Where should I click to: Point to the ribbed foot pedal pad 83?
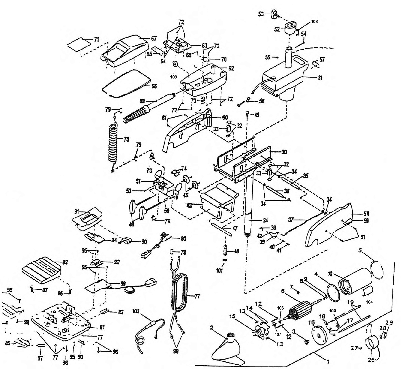42,268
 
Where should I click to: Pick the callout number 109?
174,77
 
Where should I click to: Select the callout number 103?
137,312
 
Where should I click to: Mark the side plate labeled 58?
329,225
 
